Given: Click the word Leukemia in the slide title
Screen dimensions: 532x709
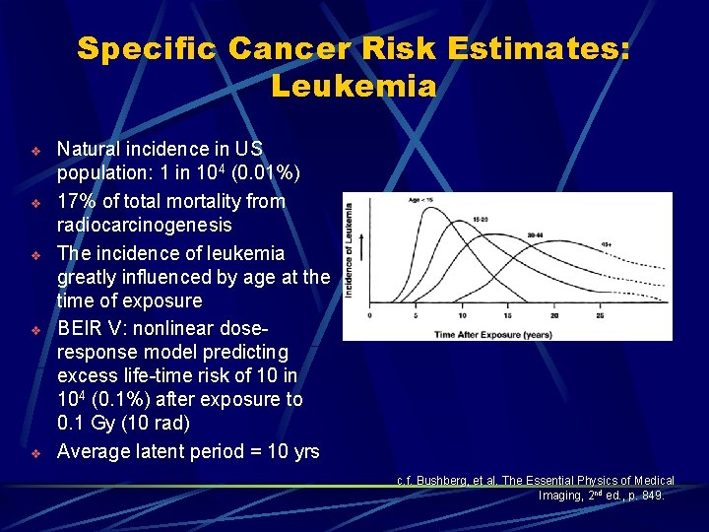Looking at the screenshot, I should tap(354, 87).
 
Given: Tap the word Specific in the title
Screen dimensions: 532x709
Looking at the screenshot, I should tap(147, 48).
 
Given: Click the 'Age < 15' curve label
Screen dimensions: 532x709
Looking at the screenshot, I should tap(419, 200).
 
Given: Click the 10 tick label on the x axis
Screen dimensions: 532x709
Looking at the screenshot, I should tap(463, 316).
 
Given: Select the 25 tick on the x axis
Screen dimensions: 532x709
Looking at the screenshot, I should tap(602, 316).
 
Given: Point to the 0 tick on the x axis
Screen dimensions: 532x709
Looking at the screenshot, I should tap(369, 316).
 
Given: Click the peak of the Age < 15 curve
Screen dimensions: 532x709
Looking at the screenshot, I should tap(415, 209).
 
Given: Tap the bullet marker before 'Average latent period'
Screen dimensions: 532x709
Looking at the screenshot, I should tap(34, 453).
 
